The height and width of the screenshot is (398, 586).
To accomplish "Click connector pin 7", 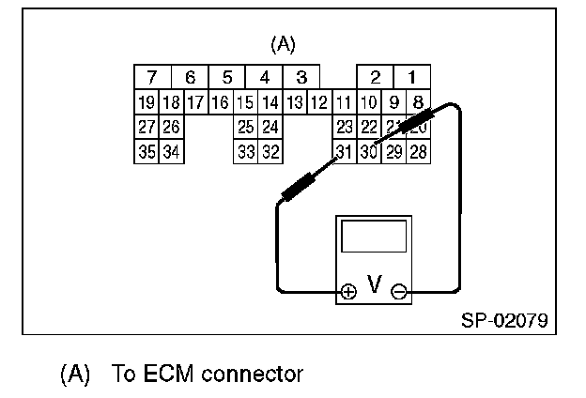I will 152,77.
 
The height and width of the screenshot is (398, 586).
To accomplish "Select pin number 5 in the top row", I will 226,77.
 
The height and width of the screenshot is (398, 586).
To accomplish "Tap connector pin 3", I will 301,77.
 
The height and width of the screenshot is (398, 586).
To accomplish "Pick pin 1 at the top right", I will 410,77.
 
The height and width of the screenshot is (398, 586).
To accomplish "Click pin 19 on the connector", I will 146,101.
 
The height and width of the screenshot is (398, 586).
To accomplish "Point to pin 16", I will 220,101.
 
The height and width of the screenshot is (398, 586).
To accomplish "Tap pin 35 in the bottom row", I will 146,150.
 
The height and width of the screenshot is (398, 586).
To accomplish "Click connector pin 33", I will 245,150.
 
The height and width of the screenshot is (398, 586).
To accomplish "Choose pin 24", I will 270,126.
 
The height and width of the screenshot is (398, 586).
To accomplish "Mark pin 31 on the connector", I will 344,150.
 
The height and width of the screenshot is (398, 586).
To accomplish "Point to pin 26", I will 170,126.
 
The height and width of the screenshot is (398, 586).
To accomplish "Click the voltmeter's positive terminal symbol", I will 348,291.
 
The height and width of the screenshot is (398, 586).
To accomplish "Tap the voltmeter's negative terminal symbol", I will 399,291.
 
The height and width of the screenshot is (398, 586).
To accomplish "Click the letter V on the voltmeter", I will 374,283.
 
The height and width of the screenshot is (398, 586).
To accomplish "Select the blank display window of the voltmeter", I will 373,237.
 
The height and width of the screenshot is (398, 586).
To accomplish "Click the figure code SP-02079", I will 504,319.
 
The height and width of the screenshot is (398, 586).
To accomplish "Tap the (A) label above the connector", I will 283,44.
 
